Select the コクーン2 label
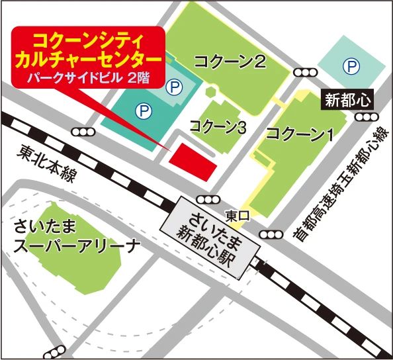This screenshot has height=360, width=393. pyautogui.click(x=230, y=63)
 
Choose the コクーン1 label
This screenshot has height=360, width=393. pyautogui.click(x=298, y=134)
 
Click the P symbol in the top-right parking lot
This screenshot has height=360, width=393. pyautogui.click(x=350, y=66)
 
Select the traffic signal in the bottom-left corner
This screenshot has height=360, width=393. pyautogui.click(x=56, y=349)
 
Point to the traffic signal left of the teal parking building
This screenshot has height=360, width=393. pyautogui.click(x=84, y=132)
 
